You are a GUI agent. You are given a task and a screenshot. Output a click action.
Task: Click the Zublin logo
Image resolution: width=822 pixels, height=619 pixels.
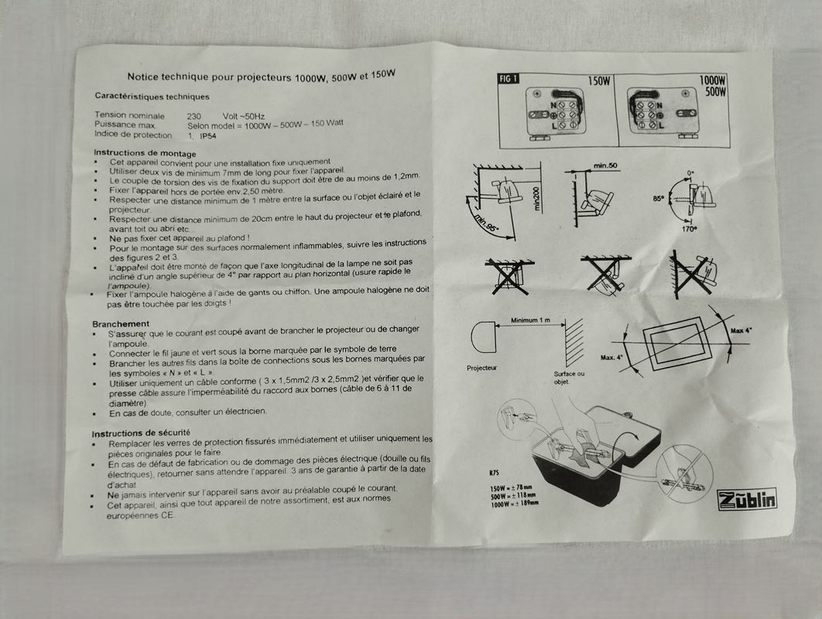click(x=746, y=498)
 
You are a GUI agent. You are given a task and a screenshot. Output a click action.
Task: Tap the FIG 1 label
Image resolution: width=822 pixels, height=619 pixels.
click(x=508, y=79)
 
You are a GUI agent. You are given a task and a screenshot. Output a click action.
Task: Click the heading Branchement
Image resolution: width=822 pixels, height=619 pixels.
click(x=121, y=324)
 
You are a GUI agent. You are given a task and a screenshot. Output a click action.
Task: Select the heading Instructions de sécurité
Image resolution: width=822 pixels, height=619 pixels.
click(x=141, y=433)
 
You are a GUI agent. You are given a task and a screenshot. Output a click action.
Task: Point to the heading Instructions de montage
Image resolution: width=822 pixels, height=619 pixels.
click(x=145, y=153)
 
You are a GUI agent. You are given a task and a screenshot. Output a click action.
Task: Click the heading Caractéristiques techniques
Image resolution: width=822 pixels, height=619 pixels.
click(x=152, y=97)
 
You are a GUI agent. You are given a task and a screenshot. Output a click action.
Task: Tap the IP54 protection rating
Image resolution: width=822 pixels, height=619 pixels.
click(x=207, y=136)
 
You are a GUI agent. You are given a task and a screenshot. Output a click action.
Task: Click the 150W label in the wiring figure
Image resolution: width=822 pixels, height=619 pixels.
click(x=598, y=81)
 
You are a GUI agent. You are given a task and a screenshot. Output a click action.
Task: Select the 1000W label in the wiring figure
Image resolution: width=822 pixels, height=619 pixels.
click(x=712, y=80)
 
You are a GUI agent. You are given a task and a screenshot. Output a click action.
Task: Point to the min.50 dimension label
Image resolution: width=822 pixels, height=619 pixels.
click(x=605, y=166)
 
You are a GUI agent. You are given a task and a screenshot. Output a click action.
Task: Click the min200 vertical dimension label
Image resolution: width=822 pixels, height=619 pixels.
click(x=536, y=199)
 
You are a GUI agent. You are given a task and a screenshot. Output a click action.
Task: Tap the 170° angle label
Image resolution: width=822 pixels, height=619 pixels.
click(x=690, y=229)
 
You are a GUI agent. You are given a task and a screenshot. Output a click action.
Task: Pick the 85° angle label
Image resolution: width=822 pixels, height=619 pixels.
click(x=659, y=199)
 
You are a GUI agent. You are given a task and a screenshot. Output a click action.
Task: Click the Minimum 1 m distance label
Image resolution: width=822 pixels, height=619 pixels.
click(x=530, y=320)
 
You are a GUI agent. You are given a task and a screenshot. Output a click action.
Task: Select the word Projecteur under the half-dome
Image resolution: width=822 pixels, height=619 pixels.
click(x=481, y=368)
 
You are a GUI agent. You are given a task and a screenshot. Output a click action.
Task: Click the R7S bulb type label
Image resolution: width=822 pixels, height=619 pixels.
click(x=494, y=473)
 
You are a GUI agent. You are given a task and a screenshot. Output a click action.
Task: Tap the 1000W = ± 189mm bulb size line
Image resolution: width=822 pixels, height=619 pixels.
click(x=514, y=504)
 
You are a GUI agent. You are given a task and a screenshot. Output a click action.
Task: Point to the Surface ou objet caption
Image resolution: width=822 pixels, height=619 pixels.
click(x=569, y=378)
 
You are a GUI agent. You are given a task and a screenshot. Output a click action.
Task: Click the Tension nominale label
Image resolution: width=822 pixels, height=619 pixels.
click(x=129, y=115)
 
